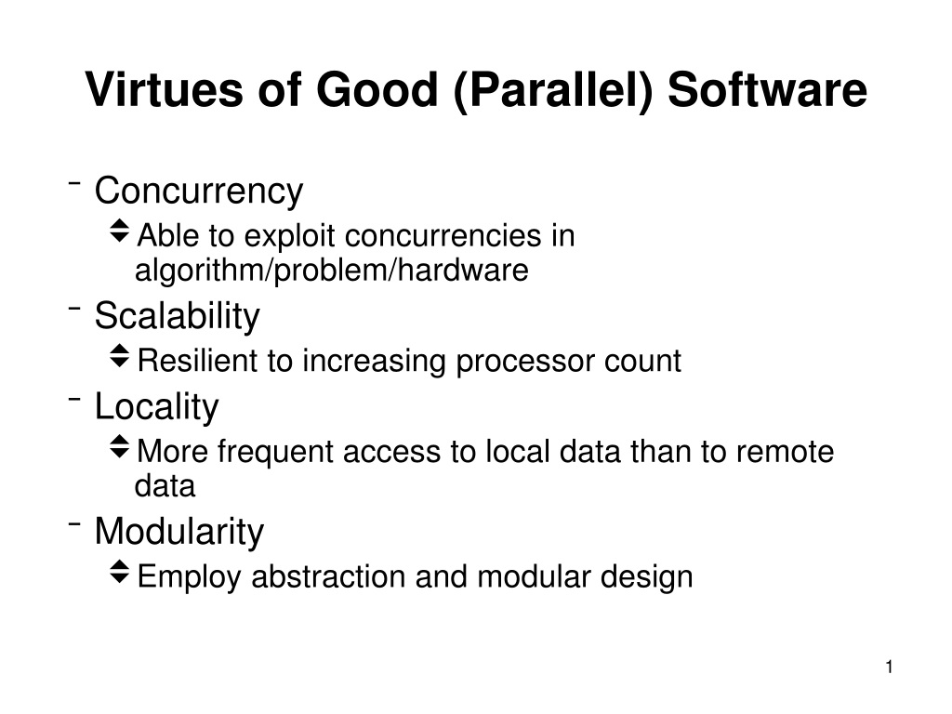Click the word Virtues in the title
click(164, 89)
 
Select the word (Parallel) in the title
click(552, 91)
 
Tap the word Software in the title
click(767, 89)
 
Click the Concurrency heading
click(199, 192)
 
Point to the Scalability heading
click(178, 316)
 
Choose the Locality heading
click(156, 407)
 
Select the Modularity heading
click(179, 532)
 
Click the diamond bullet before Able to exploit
click(120, 231)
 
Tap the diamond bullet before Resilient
click(120, 356)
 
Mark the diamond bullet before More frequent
click(120, 446)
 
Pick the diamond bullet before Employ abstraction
click(120, 572)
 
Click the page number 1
click(889, 668)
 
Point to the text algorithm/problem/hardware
click(332, 271)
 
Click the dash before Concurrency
click(74, 182)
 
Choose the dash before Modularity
click(74, 522)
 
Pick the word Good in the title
click(377, 89)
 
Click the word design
click(647, 578)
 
